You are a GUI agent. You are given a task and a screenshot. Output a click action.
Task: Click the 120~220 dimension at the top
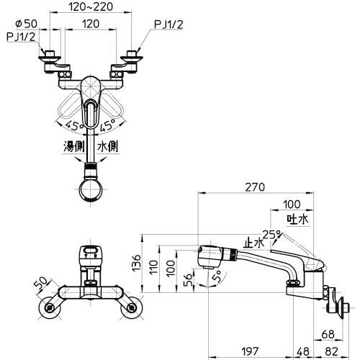(x=91, y=6)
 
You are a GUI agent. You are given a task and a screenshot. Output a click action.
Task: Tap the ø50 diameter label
(x=26, y=24)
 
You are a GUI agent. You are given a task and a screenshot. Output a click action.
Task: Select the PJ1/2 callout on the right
(x=168, y=24)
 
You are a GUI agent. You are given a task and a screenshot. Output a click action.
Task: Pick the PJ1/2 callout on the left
(x=21, y=37)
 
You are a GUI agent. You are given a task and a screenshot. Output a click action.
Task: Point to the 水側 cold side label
(x=108, y=146)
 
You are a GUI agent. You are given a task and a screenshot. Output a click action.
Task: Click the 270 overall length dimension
(x=255, y=187)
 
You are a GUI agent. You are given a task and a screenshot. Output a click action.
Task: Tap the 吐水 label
(x=297, y=219)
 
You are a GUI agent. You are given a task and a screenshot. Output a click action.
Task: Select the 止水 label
(x=253, y=243)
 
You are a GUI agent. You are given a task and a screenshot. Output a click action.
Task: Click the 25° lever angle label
(x=272, y=235)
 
